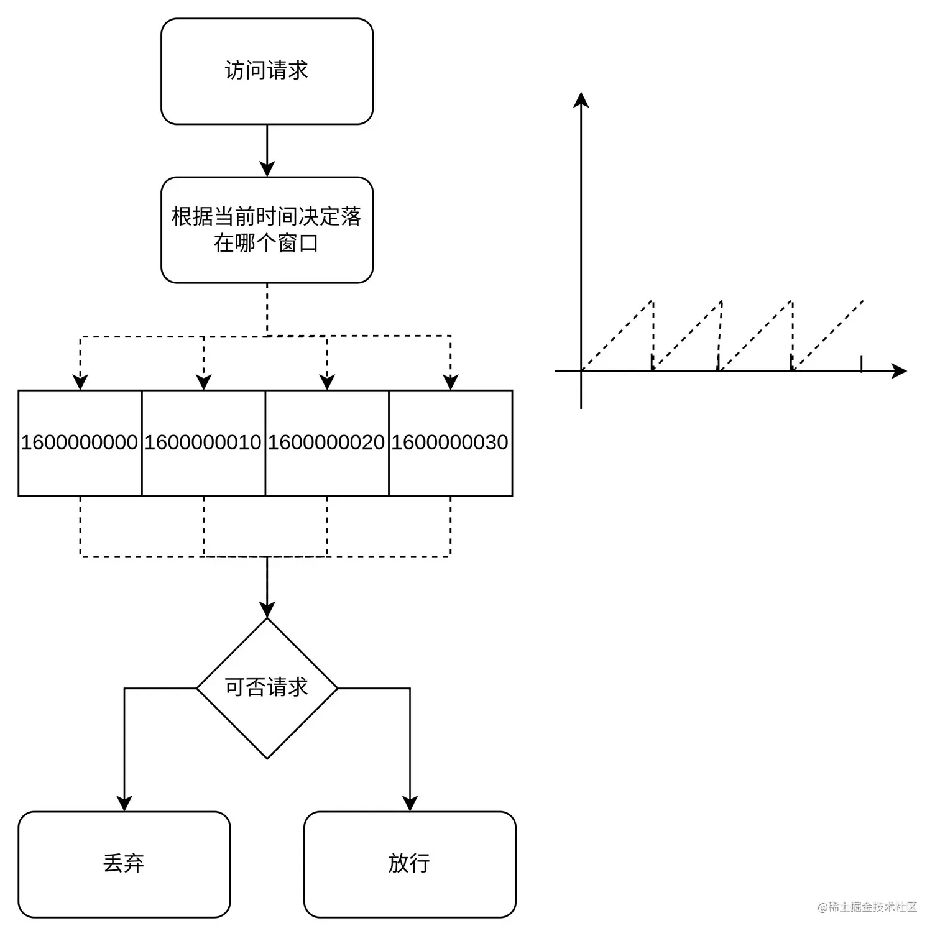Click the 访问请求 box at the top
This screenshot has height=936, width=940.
267,71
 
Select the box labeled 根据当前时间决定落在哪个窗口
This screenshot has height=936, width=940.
267,230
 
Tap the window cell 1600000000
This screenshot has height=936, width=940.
80,443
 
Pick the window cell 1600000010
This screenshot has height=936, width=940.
203,443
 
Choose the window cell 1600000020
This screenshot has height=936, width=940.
327,443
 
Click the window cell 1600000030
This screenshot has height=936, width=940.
451,443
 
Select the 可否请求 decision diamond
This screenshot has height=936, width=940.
267,688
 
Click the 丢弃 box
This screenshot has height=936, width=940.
124,864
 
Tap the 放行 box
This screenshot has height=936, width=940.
410,864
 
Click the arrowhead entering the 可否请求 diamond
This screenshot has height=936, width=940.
267,610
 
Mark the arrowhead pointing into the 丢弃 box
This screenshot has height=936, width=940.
124,804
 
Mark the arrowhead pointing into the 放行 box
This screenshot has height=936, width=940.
410,804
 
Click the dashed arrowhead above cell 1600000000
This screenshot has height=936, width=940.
80,382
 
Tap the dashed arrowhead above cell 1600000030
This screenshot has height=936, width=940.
451,382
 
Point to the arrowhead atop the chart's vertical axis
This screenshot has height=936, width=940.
581,100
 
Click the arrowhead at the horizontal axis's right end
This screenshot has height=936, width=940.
899,371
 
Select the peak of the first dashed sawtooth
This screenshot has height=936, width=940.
652,301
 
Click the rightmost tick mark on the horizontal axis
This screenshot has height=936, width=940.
861,364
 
